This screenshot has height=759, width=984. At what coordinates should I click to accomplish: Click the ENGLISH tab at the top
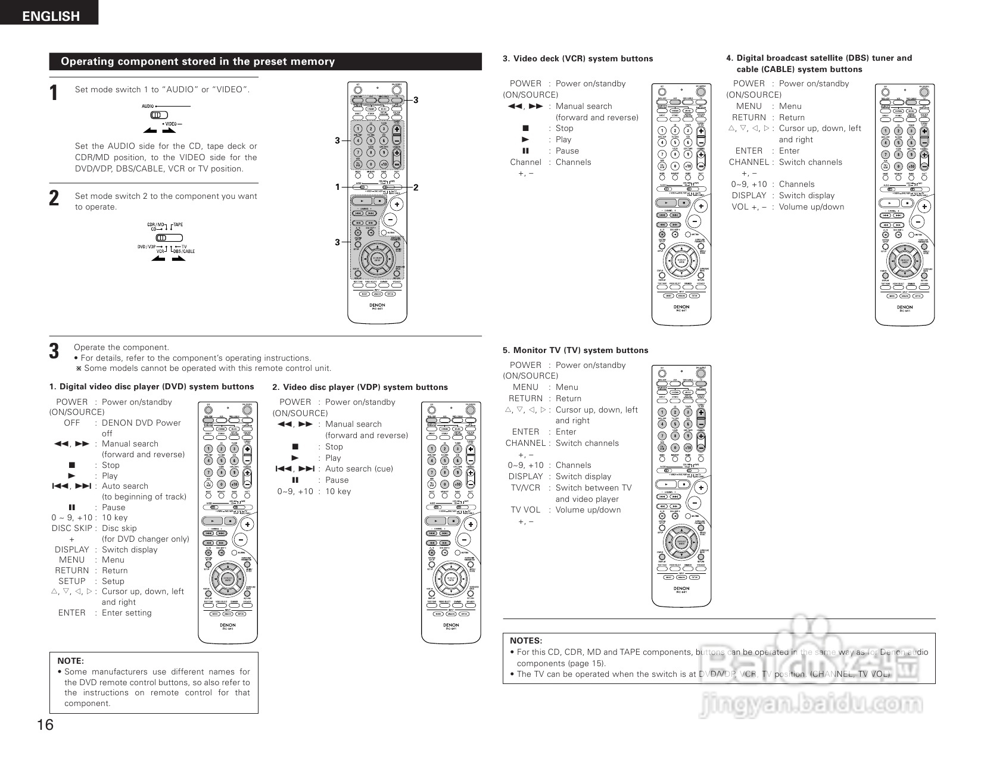click(x=51, y=16)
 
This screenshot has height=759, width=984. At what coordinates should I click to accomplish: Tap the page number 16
click(x=45, y=724)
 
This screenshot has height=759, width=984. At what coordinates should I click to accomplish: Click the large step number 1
click(x=54, y=93)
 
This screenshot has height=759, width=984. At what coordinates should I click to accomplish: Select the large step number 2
click(x=54, y=198)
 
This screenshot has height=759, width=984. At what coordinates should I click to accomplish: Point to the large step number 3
click(x=54, y=351)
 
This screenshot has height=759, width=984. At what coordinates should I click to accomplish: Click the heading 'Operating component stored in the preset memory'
click(x=198, y=61)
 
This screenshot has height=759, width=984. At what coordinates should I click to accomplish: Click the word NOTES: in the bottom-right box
click(x=526, y=641)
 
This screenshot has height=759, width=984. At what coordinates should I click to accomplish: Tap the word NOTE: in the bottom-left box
click(x=70, y=661)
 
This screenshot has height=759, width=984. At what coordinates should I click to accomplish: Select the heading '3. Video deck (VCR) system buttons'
click(x=578, y=58)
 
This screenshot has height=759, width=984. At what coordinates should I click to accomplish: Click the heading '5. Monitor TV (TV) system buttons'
click(x=575, y=350)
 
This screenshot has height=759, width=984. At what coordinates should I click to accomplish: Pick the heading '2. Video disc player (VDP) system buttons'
click(x=360, y=387)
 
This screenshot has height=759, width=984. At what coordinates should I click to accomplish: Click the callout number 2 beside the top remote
click(x=416, y=188)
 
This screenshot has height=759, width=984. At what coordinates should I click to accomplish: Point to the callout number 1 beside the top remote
click(x=337, y=187)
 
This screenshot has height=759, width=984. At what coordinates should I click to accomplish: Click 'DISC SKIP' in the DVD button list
click(x=72, y=528)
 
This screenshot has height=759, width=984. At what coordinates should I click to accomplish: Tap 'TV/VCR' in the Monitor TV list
click(x=525, y=488)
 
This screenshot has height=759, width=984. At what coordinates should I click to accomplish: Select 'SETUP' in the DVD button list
click(x=72, y=581)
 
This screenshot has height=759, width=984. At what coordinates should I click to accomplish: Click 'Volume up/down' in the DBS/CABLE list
click(x=811, y=207)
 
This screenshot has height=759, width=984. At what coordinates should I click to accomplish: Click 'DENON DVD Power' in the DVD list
click(x=141, y=423)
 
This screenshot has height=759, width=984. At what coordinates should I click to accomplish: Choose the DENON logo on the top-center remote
click(x=377, y=305)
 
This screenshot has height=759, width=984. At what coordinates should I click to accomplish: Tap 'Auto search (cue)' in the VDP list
click(x=359, y=468)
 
